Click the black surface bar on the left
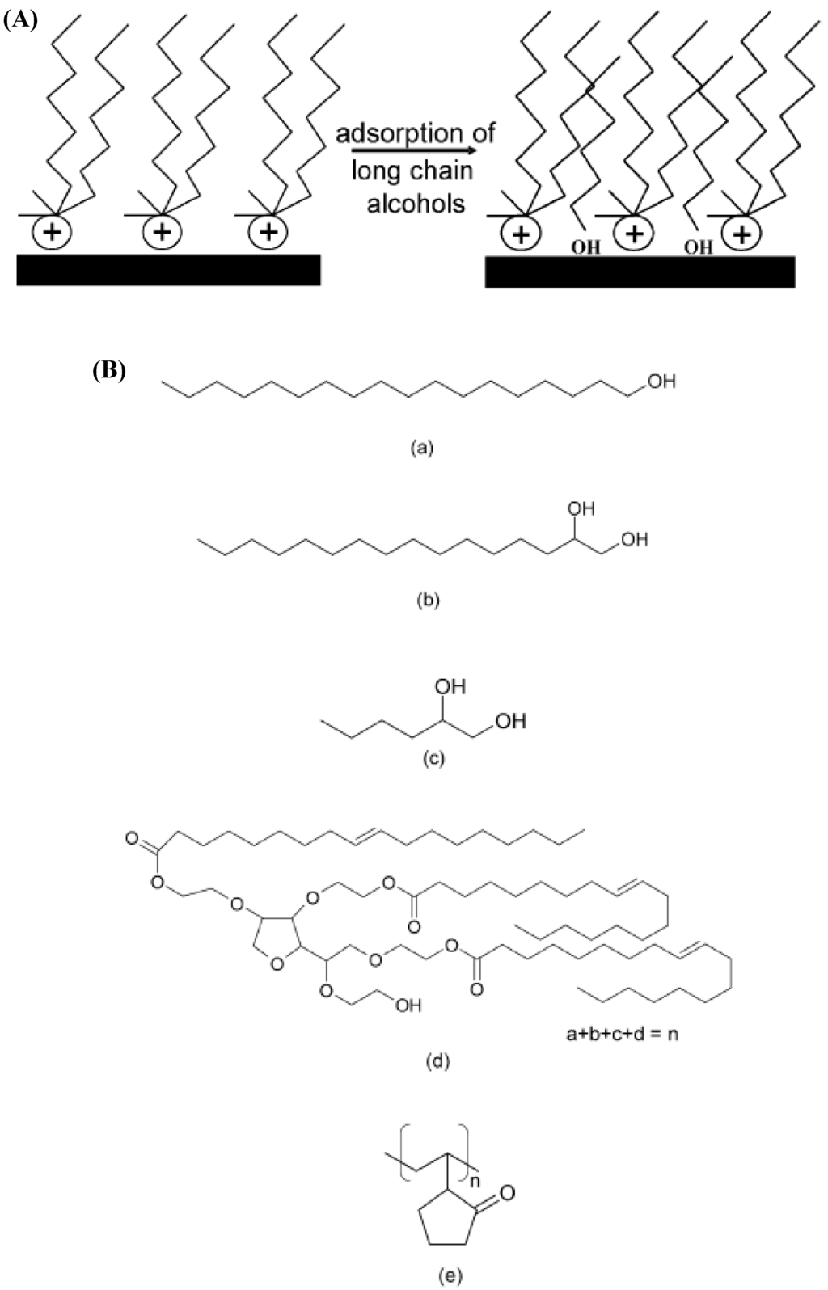click(x=168, y=269)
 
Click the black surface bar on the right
click(x=639, y=272)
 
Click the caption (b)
click(x=427, y=601)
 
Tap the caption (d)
click(x=437, y=1060)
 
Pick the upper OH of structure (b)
click(x=580, y=508)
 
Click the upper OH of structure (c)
click(x=450, y=686)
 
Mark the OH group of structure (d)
click(x=408, y=1005)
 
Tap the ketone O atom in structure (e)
click(x=507, y=1191)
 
